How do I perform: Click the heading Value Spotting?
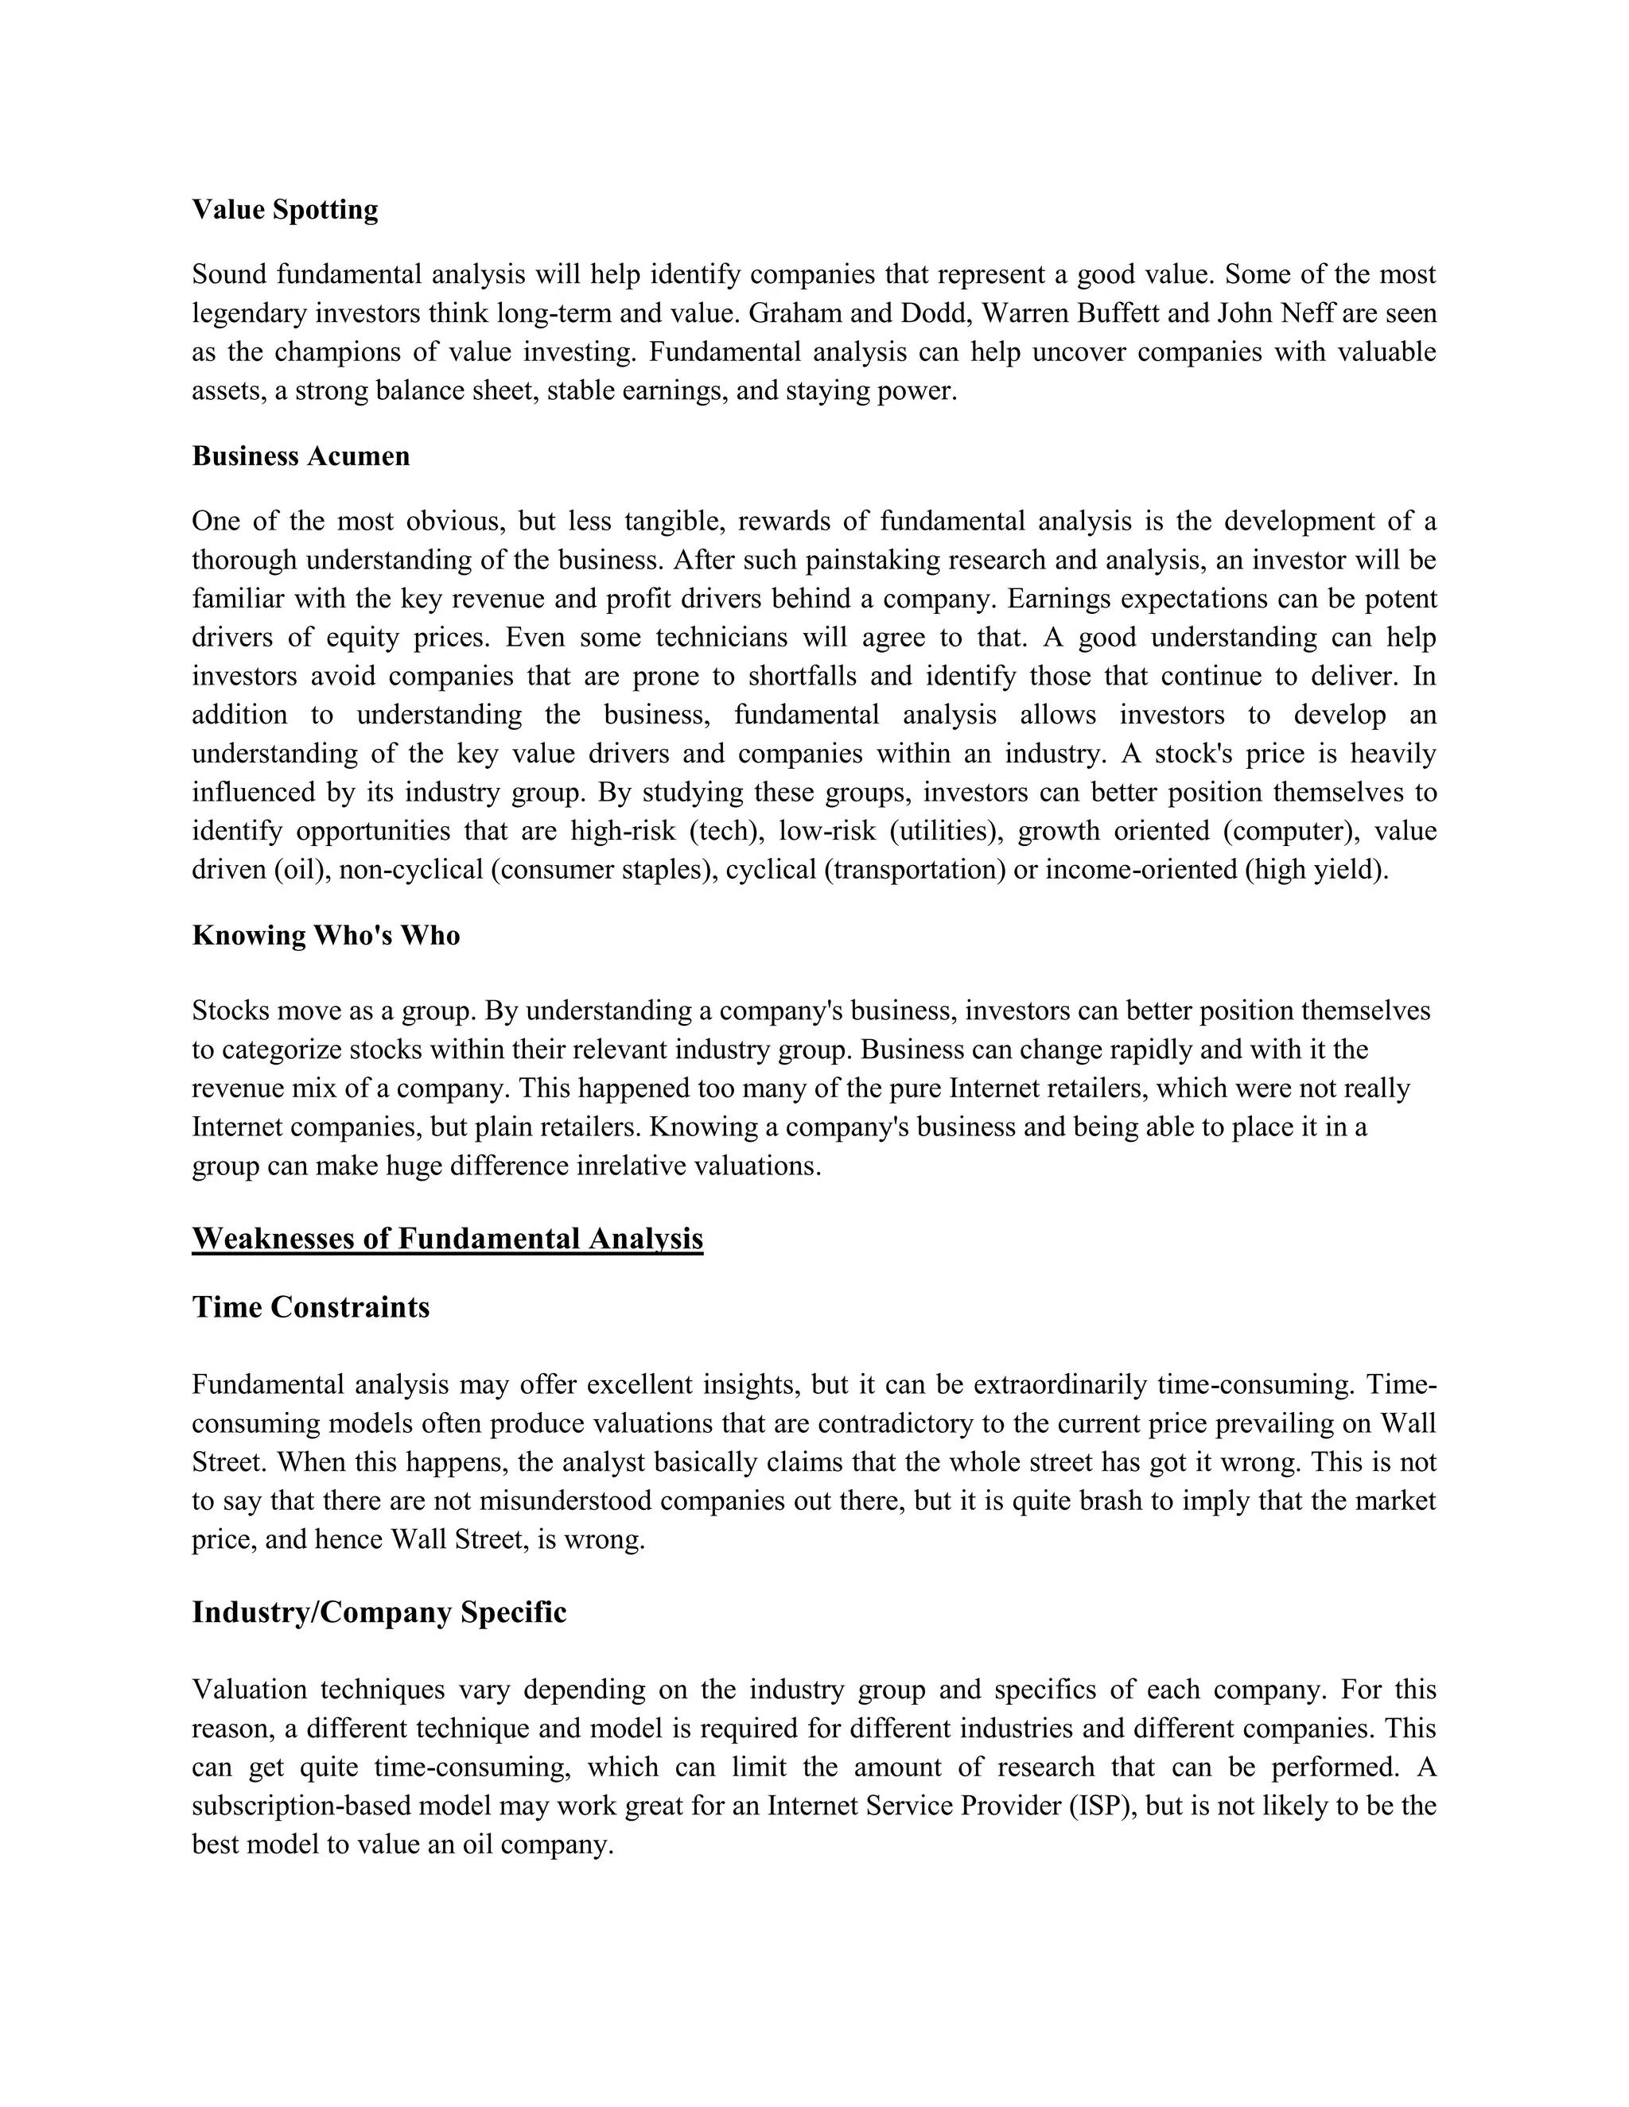[x=285, y=209]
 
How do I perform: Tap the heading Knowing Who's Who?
[x=325, y=935]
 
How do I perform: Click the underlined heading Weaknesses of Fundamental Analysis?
[x=448, y=1238]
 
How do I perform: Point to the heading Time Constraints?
[x=311, y=1306]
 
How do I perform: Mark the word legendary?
[x=250, y=313]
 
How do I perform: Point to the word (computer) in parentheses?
[x=1290, y=831]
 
